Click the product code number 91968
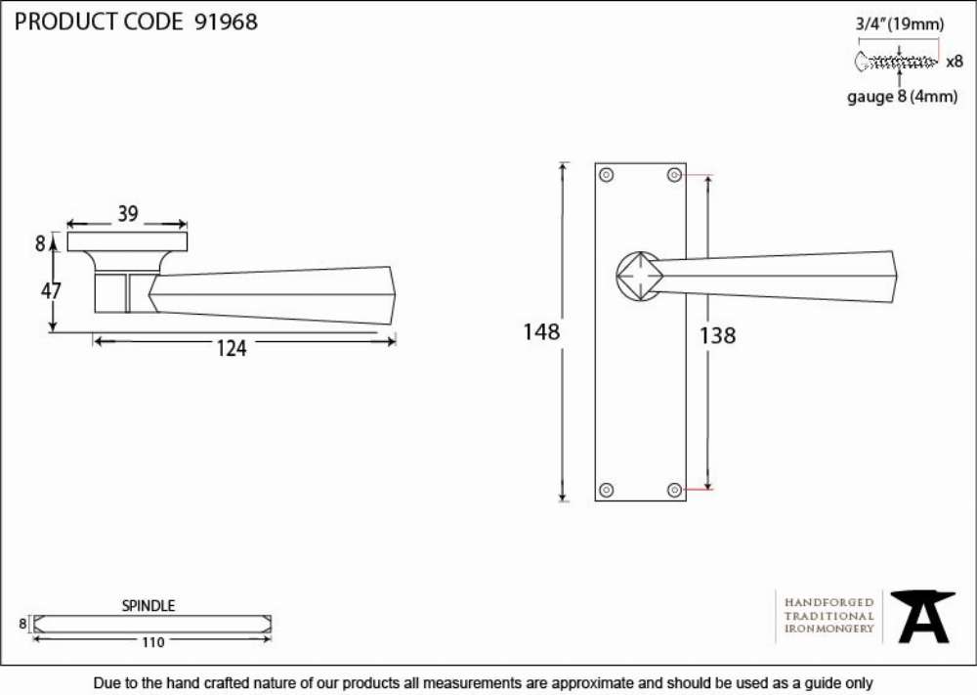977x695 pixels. (x=226, y=22)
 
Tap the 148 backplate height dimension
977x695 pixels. (x=541, y=331)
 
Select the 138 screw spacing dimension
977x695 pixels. (x=717, y=335)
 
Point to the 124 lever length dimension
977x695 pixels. (x=232, y=348)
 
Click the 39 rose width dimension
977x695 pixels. (x=128, y=214)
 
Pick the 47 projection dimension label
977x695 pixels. (x=51, y=290)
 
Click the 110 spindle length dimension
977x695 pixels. (x=152, y=642)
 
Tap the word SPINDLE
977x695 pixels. (x=149, y=605)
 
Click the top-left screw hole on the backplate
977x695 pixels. (x=607, y=175)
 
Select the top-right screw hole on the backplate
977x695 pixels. (x=674, y=175)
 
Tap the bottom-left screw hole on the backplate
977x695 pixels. (x=607, y=490)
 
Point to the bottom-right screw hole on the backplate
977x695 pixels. (x=674, y=490)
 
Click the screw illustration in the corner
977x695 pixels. (x=896, y=62)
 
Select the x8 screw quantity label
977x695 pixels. (x=955, y=62)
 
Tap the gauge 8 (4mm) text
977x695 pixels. (x=902, y=97)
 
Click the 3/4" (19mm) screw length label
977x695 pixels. (x=900, y=24)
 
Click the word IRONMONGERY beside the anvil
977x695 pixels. (x=829, y=629)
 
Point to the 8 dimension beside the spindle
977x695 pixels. (x=23, y=624)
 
